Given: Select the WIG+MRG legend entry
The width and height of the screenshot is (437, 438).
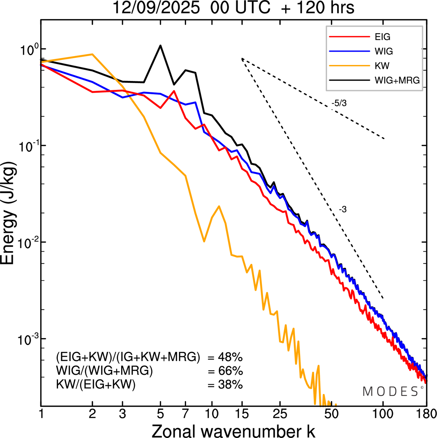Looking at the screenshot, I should pos(397,80).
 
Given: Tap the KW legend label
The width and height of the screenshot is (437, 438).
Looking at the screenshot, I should pos(382,66).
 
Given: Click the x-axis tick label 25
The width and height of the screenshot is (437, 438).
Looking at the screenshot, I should pos(280,414).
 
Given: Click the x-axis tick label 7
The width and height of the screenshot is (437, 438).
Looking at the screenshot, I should pos(185,414).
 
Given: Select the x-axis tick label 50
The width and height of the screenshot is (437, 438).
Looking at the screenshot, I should pos(331,414).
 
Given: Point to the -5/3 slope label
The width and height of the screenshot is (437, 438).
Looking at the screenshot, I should pos(339,103).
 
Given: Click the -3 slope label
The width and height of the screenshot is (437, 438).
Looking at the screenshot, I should pos(343,210).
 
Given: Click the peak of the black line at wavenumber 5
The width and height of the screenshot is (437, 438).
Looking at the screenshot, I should pos(160,45).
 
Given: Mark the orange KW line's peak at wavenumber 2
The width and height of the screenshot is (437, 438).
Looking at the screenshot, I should pos(92,54).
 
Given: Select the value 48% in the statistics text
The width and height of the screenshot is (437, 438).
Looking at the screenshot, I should pos(230,357).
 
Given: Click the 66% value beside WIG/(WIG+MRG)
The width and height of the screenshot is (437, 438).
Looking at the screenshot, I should pos(230,371).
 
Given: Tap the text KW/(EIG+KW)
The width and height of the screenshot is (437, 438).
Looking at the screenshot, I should pos(96,385).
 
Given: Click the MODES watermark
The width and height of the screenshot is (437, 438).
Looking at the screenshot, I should pos(391,391).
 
